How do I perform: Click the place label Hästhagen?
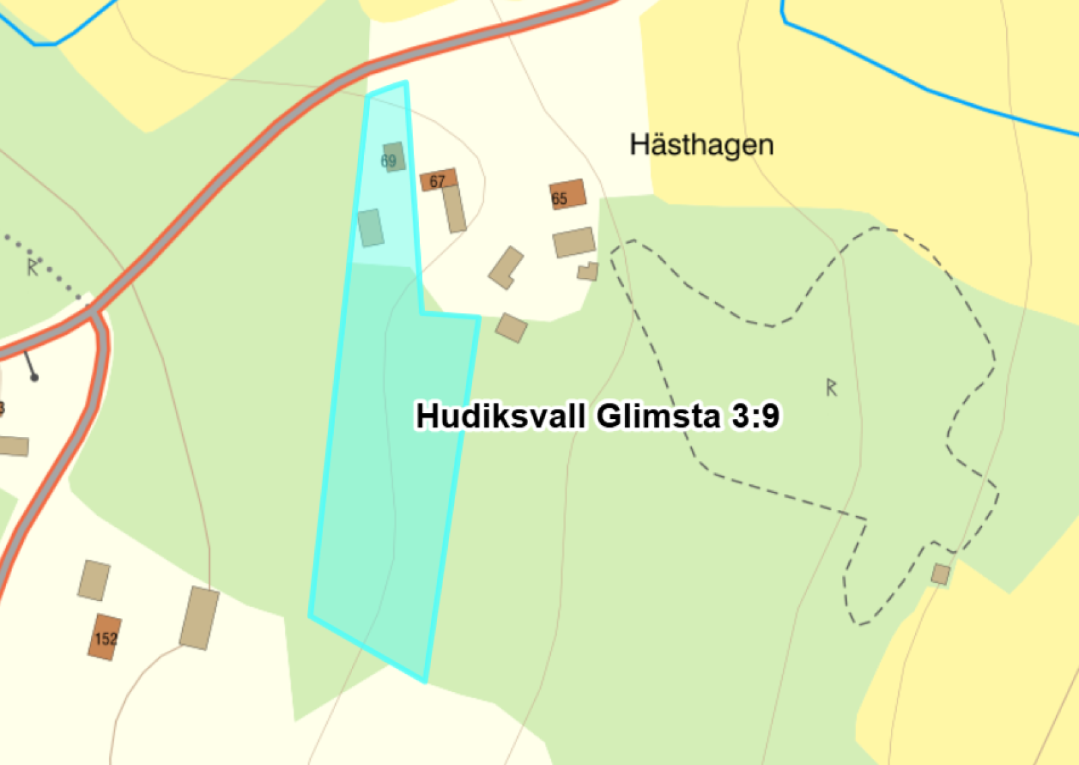pyautogui.click(x=701, y=145)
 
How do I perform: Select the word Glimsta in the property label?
pyautogui.click(x=658, y=416)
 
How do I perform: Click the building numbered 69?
pyautogui.click(x=394, y=157)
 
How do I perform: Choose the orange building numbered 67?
pyautogui.click(x=438, y=179)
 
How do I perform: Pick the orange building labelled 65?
pyautogui.click(x=567, y=194)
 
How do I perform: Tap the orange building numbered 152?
pyautogui.click(x=105, y=637)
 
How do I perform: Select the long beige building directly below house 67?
pyautogui.click(x=455, y=209)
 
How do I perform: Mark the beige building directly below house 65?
pyautogui.click(x=574, y=242)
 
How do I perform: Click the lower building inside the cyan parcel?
pyautogui.click(x=371, y=228)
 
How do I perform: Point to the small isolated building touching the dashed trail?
pyautogui.click(x=940, y=575)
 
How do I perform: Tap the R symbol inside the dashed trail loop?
pyautogui.click(x=832, y=387)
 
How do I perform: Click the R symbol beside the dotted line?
pyautogui.click(x=32, y=267)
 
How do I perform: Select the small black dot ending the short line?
pyautogui.click(x=34, y=378)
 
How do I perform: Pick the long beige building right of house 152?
pyautogui.click(x=199, y=618)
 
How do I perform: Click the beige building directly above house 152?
pyautogui.click(x=94, y=580)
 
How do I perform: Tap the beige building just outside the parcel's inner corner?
pyautogui.click(x=511, y=328)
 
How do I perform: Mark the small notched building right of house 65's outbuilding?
pyautogui.click(x=588, y=271)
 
